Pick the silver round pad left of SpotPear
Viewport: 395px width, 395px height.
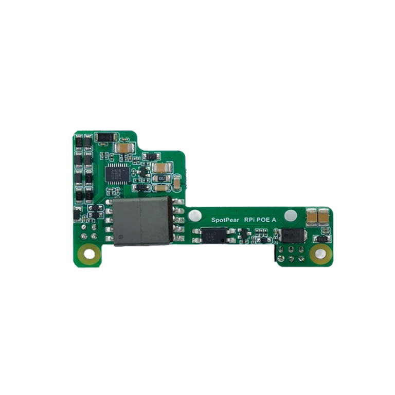195,214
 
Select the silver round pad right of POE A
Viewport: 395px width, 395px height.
291,214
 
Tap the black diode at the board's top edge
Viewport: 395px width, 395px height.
107,137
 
